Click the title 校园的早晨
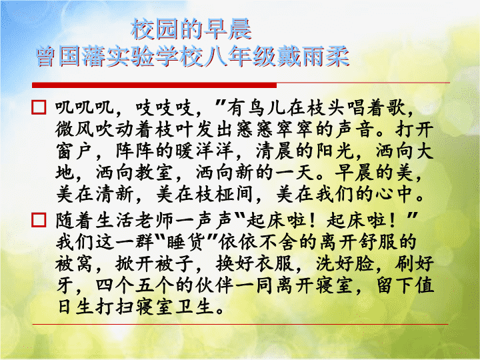click(191, 29)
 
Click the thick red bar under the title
click(154, 85)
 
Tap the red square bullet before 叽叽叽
click(39, 107)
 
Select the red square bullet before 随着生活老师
click(39, 220)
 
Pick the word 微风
click(75, 129)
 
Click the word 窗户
click(75, 151)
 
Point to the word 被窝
click(75, 263)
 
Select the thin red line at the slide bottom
click(240, 324)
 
